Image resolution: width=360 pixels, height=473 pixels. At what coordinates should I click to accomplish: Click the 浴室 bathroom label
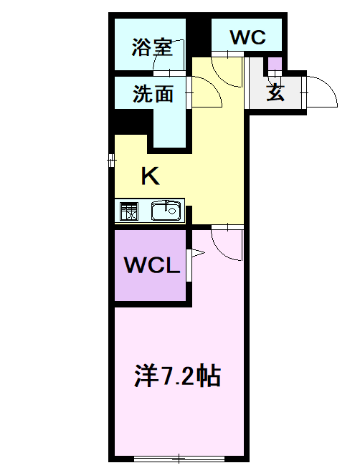click(x=151, y=48)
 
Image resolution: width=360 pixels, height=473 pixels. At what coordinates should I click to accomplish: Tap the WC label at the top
click(x=248, y=37)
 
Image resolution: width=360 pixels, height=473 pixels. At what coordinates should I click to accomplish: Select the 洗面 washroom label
click(x=153, y=93)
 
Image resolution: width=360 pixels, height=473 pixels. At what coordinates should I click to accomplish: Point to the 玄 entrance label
click(x=275, y=93)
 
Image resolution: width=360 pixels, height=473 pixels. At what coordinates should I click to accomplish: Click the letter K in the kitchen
click(x=149, y=176)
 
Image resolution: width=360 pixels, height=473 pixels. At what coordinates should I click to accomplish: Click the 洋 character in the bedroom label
click(x=146, y=376)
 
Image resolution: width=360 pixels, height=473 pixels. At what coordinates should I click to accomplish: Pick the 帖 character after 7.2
click(x=209, y=376)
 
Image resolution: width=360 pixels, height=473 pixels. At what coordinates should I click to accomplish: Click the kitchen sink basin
click(x=166, y=211)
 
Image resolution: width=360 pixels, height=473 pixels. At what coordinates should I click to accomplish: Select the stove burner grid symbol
click(x=130, y=211)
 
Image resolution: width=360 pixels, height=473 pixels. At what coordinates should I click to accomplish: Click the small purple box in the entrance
click(x=275, y=64)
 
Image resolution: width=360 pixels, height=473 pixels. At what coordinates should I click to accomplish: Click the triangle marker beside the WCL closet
click(x=196, y=252)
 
